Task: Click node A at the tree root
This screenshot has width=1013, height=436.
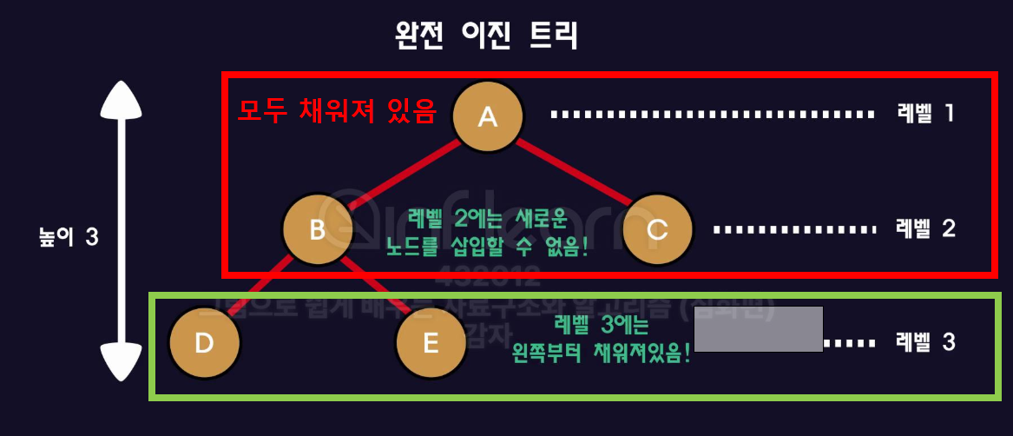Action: [x=488, y=115]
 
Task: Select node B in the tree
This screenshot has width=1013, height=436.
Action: [x=317, y=230]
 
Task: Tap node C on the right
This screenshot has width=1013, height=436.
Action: [x=657, y=229]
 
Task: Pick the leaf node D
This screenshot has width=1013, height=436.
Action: [x=204, y=342]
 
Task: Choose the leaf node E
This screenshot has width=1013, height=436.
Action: [x=431, y=342]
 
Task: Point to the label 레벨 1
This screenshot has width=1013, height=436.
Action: [x=925, y=113]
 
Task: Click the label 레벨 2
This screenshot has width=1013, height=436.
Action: [x=925, y=228]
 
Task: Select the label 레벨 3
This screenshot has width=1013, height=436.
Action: [x=925, y=342]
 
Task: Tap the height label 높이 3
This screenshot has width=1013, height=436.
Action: [x=68, y=237]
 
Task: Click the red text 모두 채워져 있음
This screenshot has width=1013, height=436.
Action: [x=337, y=111]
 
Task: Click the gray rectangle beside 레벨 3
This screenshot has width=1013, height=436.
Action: [x=758, y=328]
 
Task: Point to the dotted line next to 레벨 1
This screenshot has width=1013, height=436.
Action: [x=712, y=114]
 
